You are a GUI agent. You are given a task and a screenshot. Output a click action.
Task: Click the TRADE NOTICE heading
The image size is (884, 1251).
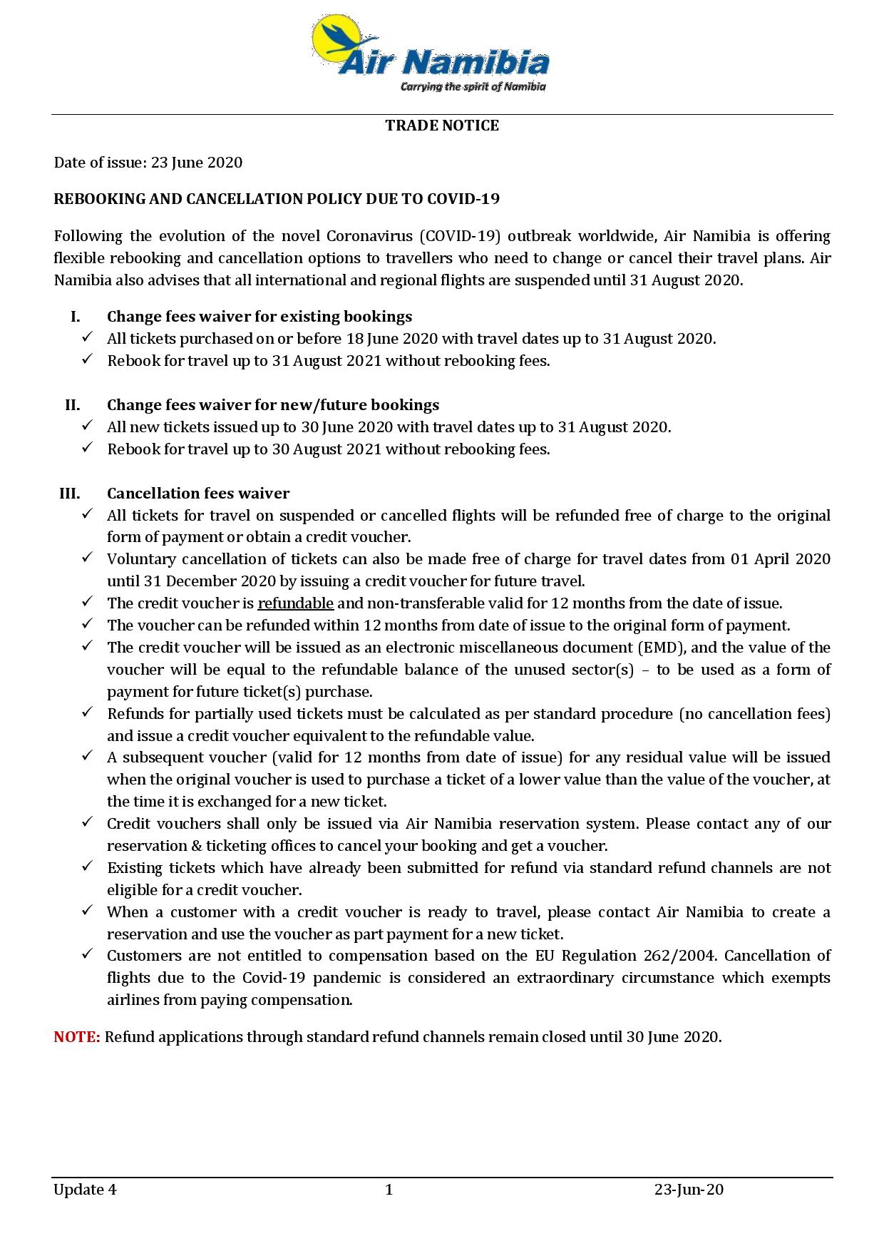pyautogui.click(x=442, y=126)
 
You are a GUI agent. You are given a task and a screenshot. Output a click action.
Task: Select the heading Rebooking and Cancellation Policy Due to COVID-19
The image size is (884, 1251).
pyautogui.click(x=277, y=199)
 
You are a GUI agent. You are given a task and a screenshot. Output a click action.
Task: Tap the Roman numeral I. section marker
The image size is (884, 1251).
pyautogui.click(x=75, y=317)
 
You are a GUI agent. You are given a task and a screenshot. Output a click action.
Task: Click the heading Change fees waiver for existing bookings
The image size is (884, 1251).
pyautogui.click(x=259, y=317)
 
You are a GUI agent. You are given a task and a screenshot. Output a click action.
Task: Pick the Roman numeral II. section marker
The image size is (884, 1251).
pyautogui.click(x=72, y=405)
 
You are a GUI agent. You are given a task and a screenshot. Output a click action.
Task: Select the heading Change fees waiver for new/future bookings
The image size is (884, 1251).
pyautogui.click(x=273, y=405)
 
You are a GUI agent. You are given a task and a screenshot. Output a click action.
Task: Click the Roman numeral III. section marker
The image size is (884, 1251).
pyautogui.click(x=69, y=494)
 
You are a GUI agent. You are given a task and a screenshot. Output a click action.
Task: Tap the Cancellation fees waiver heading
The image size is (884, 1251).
pyautogui.click(x=198, y=494)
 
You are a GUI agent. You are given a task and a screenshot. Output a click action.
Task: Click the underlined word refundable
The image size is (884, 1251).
pyautogui.click(x=295, y=603)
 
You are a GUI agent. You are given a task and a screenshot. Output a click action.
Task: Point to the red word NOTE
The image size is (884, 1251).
pyautogui.click(x=77, y=1037)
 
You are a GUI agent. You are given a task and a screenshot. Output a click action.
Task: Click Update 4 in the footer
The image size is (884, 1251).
pyautogui.click(x=85, y=1189)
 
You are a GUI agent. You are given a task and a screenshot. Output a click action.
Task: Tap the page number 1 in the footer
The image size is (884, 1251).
pyautogui.click(x=389, y=1189)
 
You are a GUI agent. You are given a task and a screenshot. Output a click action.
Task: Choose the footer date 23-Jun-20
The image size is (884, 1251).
pyautogui.click(x=689, y=1189)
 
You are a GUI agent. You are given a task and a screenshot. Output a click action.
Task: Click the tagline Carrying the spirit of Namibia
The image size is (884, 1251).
pyautogui.click(x=473, y=87)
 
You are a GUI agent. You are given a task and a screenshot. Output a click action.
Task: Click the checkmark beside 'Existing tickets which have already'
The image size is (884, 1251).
pyautogui.click(x=87, y=867)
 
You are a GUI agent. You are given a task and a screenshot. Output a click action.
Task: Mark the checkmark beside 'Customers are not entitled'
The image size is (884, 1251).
pyautogui.click(x=87, y=954)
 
